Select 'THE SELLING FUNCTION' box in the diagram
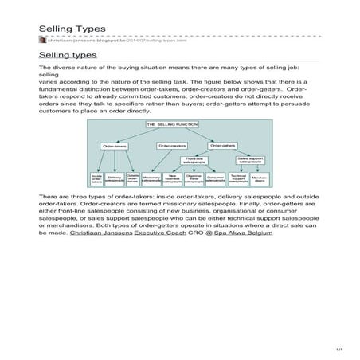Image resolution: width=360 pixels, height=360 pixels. point(170,126)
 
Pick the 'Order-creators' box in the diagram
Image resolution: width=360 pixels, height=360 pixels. point(171,146)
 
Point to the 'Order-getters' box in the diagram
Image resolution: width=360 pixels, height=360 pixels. point(223,146)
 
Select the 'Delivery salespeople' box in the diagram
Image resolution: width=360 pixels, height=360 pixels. point(114,180)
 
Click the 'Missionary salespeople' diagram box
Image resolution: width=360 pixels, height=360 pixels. point(151,180)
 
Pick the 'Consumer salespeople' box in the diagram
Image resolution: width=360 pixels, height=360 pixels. point(215,180)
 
